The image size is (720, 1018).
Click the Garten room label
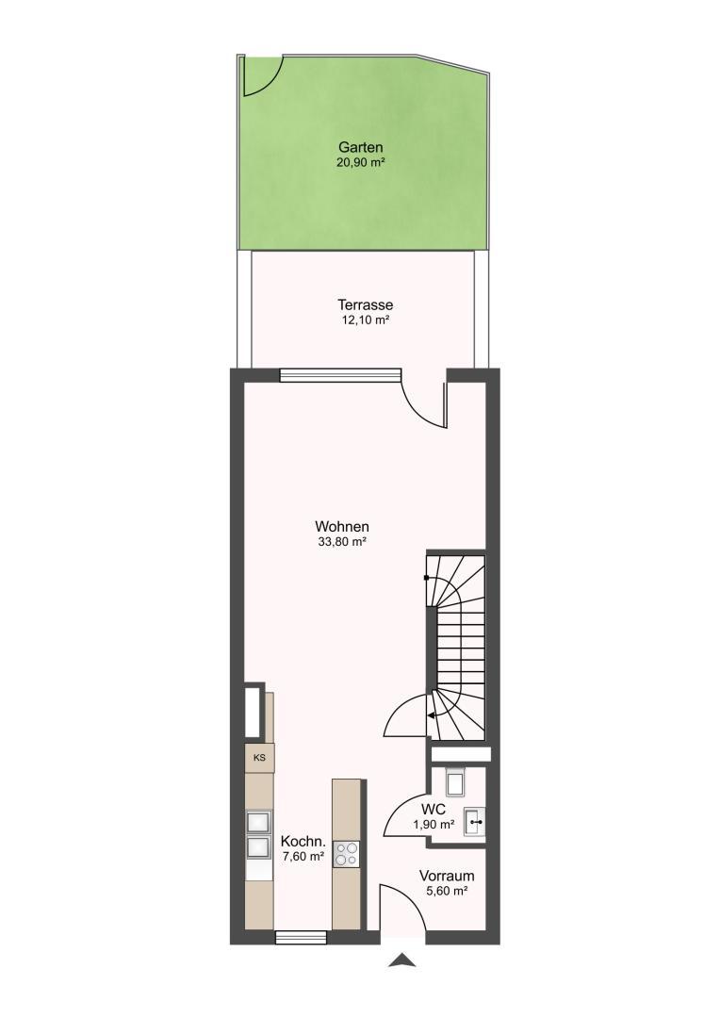360,148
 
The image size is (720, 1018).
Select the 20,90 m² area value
360,163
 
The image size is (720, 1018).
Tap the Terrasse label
365,304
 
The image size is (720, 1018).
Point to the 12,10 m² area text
365,320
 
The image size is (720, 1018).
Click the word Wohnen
342,527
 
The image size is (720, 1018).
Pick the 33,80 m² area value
342,542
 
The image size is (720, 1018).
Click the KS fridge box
259,757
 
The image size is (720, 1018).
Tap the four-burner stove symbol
346,854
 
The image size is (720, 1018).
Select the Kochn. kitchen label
303,842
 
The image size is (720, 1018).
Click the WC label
434,810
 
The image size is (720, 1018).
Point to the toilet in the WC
456,780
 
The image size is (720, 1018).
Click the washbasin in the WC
475,821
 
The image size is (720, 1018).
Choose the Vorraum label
447,875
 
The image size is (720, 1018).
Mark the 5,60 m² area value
447,892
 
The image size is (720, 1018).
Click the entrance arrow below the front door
402,961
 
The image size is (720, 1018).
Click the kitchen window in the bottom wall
301,938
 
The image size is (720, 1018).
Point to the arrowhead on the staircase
431,715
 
